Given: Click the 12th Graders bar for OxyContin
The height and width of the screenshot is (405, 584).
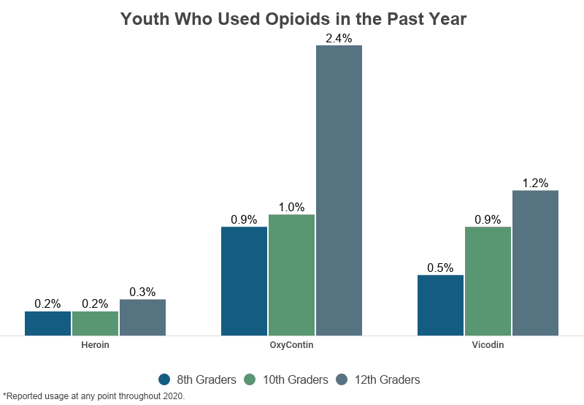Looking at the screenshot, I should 339,190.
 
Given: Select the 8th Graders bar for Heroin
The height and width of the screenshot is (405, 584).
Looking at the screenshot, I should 47,323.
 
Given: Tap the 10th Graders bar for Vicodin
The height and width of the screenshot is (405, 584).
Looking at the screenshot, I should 488,281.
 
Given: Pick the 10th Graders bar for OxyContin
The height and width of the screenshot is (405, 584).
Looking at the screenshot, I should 291,275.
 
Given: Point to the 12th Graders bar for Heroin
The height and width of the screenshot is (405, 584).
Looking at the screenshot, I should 142,317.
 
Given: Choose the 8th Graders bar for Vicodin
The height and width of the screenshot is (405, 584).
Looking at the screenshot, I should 440,305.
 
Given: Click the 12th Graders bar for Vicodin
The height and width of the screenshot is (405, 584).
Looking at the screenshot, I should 535,262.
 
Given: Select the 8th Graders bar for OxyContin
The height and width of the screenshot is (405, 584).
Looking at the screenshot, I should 244,281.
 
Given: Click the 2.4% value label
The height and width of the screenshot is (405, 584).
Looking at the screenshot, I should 339,38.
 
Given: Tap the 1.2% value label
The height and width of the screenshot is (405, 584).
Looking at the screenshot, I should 535,183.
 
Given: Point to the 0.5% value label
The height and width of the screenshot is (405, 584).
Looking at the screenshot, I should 440,268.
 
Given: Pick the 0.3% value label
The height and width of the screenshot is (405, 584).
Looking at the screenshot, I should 142,292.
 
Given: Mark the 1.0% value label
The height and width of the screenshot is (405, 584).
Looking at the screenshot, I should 291,207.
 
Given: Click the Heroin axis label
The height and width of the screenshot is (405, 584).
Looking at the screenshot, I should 95,344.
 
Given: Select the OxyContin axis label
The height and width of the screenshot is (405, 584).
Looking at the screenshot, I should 291,344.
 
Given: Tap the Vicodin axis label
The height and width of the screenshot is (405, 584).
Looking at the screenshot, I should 488,344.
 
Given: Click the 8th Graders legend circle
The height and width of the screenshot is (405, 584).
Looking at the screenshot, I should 164,379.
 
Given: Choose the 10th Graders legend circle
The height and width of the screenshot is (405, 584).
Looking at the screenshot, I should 250,379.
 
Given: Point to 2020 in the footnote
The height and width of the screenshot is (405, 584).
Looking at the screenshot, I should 172,396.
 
